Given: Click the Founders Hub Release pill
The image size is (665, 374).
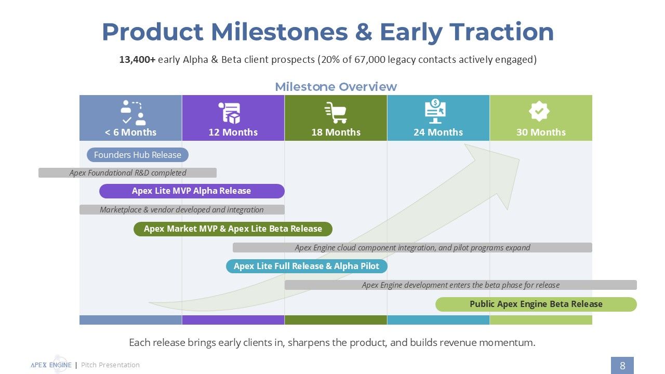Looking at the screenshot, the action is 138,155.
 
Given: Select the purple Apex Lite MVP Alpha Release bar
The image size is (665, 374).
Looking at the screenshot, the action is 192,191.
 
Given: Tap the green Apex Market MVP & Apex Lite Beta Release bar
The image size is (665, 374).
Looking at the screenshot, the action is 233,229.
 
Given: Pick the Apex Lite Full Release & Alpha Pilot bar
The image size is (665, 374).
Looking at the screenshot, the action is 307,266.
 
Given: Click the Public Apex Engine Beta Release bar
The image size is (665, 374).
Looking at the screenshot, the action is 536,304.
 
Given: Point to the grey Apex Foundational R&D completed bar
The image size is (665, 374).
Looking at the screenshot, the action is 127,173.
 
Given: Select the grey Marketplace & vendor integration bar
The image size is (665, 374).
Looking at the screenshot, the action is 182,209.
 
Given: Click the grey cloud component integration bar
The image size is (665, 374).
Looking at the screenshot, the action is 413,248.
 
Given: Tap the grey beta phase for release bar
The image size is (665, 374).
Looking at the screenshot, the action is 460,285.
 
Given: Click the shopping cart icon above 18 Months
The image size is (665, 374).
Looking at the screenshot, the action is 336,113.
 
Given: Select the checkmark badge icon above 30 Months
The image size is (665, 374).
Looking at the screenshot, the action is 539,111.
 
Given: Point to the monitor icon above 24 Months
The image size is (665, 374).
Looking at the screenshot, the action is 435,111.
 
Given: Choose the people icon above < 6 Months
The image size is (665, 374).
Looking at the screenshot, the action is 133,113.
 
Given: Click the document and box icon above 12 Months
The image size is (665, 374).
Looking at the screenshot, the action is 230,113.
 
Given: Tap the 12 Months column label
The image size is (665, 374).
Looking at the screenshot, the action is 233,132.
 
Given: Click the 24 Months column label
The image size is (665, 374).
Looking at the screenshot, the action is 438,132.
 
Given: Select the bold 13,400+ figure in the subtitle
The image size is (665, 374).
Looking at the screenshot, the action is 137,59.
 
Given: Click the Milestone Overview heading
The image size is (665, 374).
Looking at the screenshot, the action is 336,87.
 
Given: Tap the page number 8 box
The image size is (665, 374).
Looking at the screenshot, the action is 622,365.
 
